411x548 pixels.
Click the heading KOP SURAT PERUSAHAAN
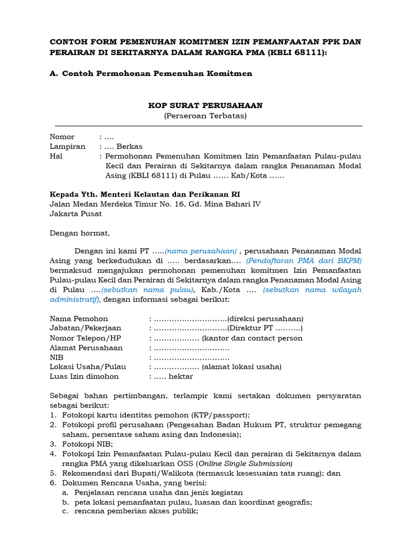[205, 105]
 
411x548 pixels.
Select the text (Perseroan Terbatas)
[205, 116]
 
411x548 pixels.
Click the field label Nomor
[62, 136]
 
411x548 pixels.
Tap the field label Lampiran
[67, 146]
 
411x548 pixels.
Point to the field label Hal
[56, 156]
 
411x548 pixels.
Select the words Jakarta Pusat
[75, 214]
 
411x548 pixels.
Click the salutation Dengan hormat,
[80, 233]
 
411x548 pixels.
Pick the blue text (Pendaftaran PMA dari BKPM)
[304, 261]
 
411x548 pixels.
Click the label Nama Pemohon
[79, 318]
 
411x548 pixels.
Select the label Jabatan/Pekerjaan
[86, 328]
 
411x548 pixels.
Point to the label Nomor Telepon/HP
[86, 338]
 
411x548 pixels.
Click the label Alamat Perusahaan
[86, 347]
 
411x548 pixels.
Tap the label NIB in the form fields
[56, 357]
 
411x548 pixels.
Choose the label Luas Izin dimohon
[84, 376]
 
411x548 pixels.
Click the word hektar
[181, 376]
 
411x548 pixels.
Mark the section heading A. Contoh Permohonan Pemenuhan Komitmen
[150, 73]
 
